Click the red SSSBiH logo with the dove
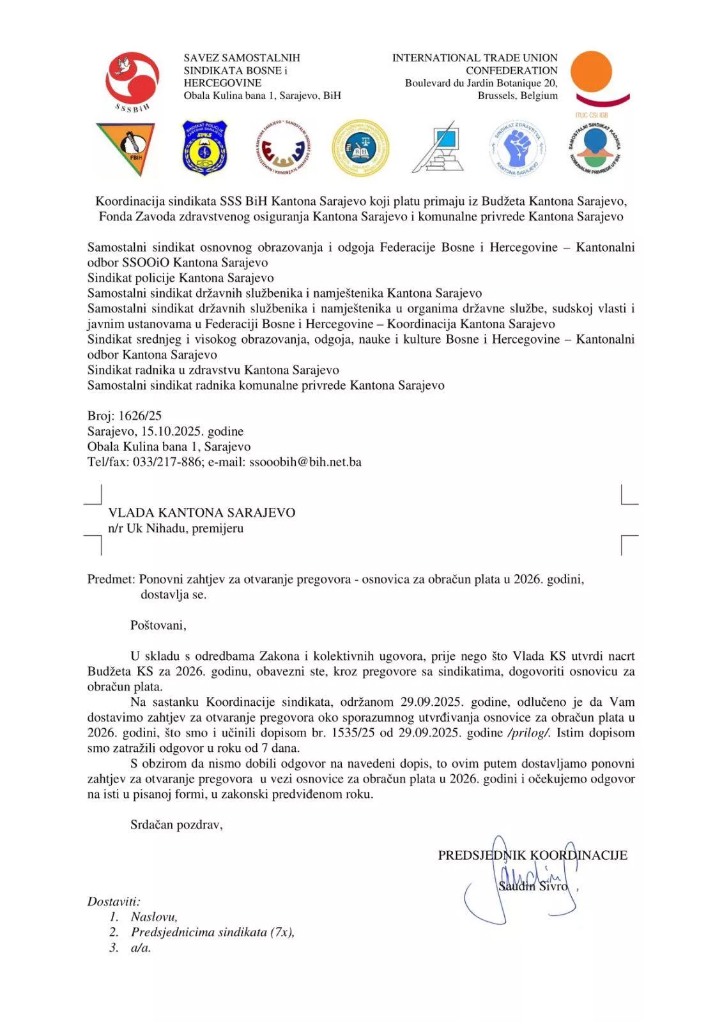click(132, 79)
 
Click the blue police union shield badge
click(206, 148)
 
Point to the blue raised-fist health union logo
click(518, 148)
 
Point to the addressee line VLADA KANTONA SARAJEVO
click(201, 513)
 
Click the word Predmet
click(111, 579)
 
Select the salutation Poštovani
click(158, 625)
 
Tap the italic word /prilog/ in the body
click(528, 733)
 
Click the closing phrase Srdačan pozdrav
click(176, 825)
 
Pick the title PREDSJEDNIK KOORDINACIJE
click(532, 855)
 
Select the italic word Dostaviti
click(114, 902)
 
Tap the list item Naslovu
click(154, 917)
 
